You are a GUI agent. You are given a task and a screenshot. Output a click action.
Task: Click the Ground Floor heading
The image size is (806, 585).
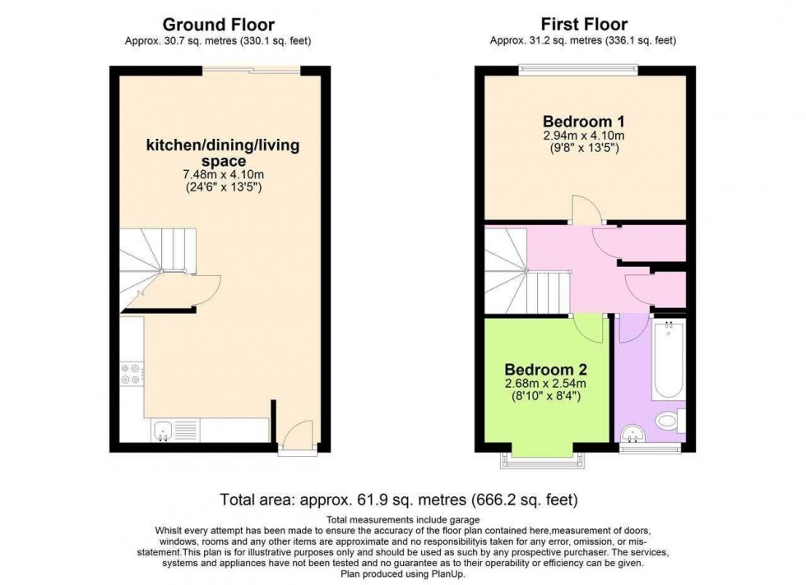(x=218, y=25)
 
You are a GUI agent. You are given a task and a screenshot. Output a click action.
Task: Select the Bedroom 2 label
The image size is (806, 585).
(x=545, y=368)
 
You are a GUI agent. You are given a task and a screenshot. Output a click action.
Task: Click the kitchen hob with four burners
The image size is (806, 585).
(x=131, y=374)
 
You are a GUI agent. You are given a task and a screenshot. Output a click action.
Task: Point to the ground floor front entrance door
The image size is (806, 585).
(x=297, y=435)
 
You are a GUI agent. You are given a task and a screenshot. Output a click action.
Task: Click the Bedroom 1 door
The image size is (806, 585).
(x=587, y=215)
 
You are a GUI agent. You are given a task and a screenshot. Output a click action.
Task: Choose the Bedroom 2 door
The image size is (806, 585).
(x=591, y=329)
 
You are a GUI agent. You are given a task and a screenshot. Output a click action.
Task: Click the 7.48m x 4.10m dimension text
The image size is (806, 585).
(x=222, y=175)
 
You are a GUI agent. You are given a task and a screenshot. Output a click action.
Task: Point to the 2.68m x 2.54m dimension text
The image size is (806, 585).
(x=545, y=384)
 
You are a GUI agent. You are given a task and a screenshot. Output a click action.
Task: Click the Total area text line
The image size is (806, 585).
(x=399, y=500)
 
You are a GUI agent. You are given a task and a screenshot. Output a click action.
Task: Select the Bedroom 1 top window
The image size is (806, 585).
(x=577, y=71)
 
